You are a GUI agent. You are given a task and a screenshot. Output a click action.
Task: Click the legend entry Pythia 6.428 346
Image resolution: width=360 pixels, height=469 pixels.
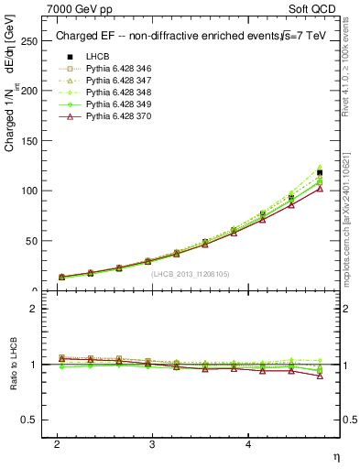[x=110, y=68]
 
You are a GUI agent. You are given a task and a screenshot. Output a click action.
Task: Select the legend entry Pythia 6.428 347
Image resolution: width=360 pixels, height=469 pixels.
[x=110, y=80]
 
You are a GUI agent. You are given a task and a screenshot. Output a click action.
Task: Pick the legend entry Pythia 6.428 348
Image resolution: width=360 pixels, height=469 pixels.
[x=110, y=92]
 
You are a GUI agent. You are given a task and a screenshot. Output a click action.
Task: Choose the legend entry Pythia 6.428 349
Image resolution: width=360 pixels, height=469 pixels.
[x=110, y=104]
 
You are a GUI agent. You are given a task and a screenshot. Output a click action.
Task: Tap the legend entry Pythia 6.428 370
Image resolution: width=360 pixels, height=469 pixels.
[x=110, y=115]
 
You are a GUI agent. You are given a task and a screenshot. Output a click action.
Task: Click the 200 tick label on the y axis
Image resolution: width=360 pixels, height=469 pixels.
[x=32, y=92]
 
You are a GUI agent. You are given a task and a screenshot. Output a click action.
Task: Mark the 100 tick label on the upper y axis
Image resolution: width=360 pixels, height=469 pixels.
[x=32, y=191]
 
